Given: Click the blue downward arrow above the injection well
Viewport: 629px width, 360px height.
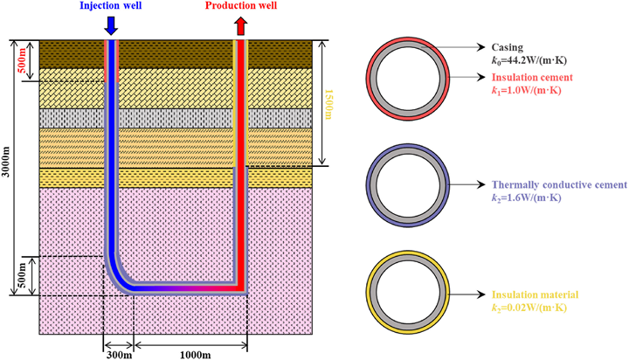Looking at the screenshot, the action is click(x=111, y=25).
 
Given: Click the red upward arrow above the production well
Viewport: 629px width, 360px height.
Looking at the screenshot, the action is click(x=241, y=25).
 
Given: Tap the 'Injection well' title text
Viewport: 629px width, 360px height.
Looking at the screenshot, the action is click(x=111, y=5).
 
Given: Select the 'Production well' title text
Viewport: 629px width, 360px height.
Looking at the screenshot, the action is click(x=241, y=5).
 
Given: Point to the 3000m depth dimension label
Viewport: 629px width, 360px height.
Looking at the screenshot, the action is click(x=6, y=168).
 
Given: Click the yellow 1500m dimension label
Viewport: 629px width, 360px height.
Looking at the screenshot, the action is click(x=328, y=104).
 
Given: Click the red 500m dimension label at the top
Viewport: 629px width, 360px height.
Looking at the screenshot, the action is click(x=22, y=60).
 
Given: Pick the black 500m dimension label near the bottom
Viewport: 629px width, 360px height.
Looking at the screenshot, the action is click(x=22, y=275).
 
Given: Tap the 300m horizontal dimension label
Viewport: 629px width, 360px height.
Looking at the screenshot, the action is click(x=119, y=355).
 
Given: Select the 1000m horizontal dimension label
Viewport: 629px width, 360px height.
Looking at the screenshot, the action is click(x=195, y=355).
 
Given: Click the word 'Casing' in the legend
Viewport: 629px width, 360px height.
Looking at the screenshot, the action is click(x=508, y=47).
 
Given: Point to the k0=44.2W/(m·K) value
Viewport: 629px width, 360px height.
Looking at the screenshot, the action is click(x=529, y=60).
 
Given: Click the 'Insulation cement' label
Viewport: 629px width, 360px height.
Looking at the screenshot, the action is click(x=532, y=77).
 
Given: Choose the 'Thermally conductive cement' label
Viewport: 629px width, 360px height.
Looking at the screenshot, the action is click(x=559, y=184).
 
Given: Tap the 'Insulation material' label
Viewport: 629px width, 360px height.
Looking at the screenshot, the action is click(x=536, y=295).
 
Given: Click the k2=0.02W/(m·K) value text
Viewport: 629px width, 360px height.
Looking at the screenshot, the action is click(x=529, y=308).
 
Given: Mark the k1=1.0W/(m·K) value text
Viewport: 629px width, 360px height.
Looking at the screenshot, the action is click(x=526, y=90).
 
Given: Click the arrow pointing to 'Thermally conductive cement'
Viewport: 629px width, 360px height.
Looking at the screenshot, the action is click(x=467, y=184).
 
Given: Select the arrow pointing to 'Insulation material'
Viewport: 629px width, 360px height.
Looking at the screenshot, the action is click(x=467, y=294).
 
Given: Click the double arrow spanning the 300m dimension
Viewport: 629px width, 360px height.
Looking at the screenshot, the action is click(x=118, y=345).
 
